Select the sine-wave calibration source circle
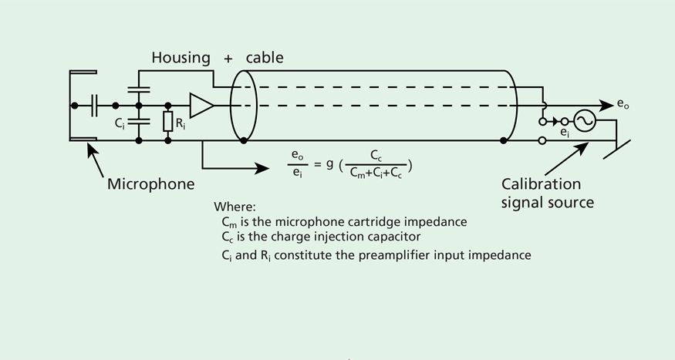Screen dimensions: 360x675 click(586, 121)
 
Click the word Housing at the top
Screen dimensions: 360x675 click(181, 57)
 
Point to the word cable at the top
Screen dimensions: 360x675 click(265, 57)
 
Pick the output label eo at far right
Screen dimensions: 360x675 click(623, 103)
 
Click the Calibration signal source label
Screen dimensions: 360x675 click(548, 193)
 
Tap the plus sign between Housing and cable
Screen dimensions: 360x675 click(228, 58)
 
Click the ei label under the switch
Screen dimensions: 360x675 click(564, 133)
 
